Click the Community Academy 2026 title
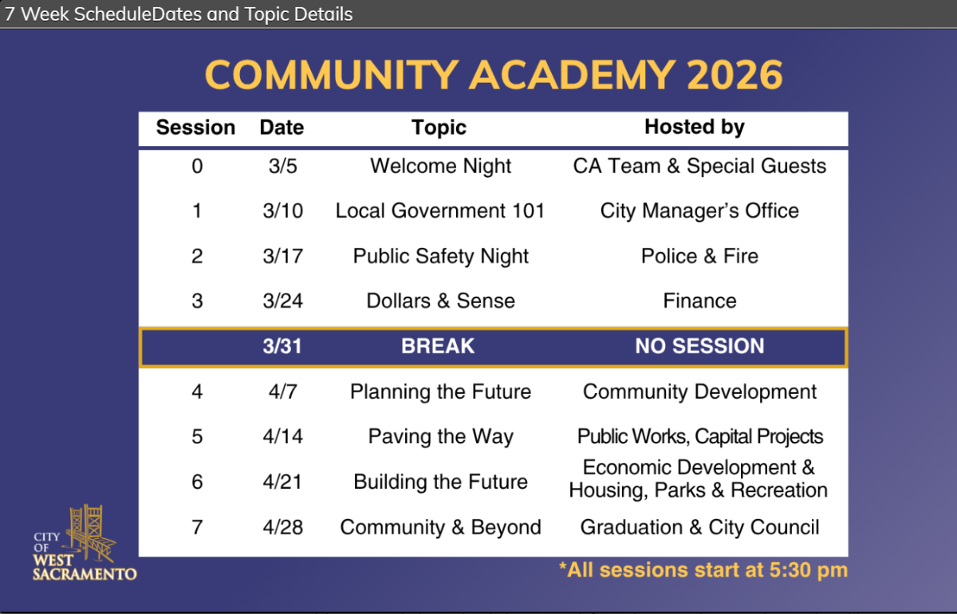[x=494, y=75]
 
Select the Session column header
[x=195, y=128]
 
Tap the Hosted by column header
[x=695, y=128]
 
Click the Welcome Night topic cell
[x=440, y=166]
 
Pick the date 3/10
[x=283, y=211]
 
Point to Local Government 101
[x=440, y=211]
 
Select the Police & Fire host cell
[x=699, y=256]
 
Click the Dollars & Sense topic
[x=440, y=301]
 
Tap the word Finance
[x=699, y=301]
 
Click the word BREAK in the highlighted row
[x=438, y=346]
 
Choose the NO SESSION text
[x=699, y=346]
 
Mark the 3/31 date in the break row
[x=282, y=346]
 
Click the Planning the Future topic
[x=440, y=392]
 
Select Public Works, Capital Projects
[x=700, y=437]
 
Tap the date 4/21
[x=282, y=482]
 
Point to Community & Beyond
[x=440, y=527]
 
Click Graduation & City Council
[x=699, y=527]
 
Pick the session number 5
[x=197, y=437]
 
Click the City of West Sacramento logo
[x=85, y=543]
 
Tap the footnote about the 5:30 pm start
[x=703, y=570]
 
